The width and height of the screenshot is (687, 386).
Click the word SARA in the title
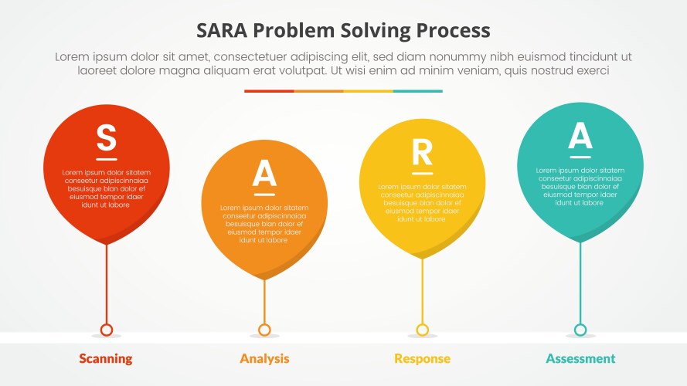click(224, 31)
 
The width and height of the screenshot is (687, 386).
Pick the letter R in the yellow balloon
click(422, 154)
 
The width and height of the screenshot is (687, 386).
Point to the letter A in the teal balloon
click(580, 136)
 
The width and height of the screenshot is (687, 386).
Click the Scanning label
click(106, 358)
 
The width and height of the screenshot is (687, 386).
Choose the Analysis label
click(264, 358)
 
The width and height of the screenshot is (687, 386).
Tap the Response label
click(422, 358)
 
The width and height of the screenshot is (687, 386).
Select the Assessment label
click(580, 358)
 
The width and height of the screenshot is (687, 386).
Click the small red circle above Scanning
click(107, 330)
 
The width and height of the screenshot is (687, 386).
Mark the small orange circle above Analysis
click(264, 330)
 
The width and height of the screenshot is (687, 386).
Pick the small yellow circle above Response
click(422, 330)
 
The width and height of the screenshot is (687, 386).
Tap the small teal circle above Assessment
click(580, 330)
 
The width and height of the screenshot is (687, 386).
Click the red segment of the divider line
click(269, 91)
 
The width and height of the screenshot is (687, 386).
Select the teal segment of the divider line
click(417, 91)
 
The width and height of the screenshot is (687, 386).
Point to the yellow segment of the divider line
click(368, 91)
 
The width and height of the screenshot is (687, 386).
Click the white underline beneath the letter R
click(422, 173)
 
